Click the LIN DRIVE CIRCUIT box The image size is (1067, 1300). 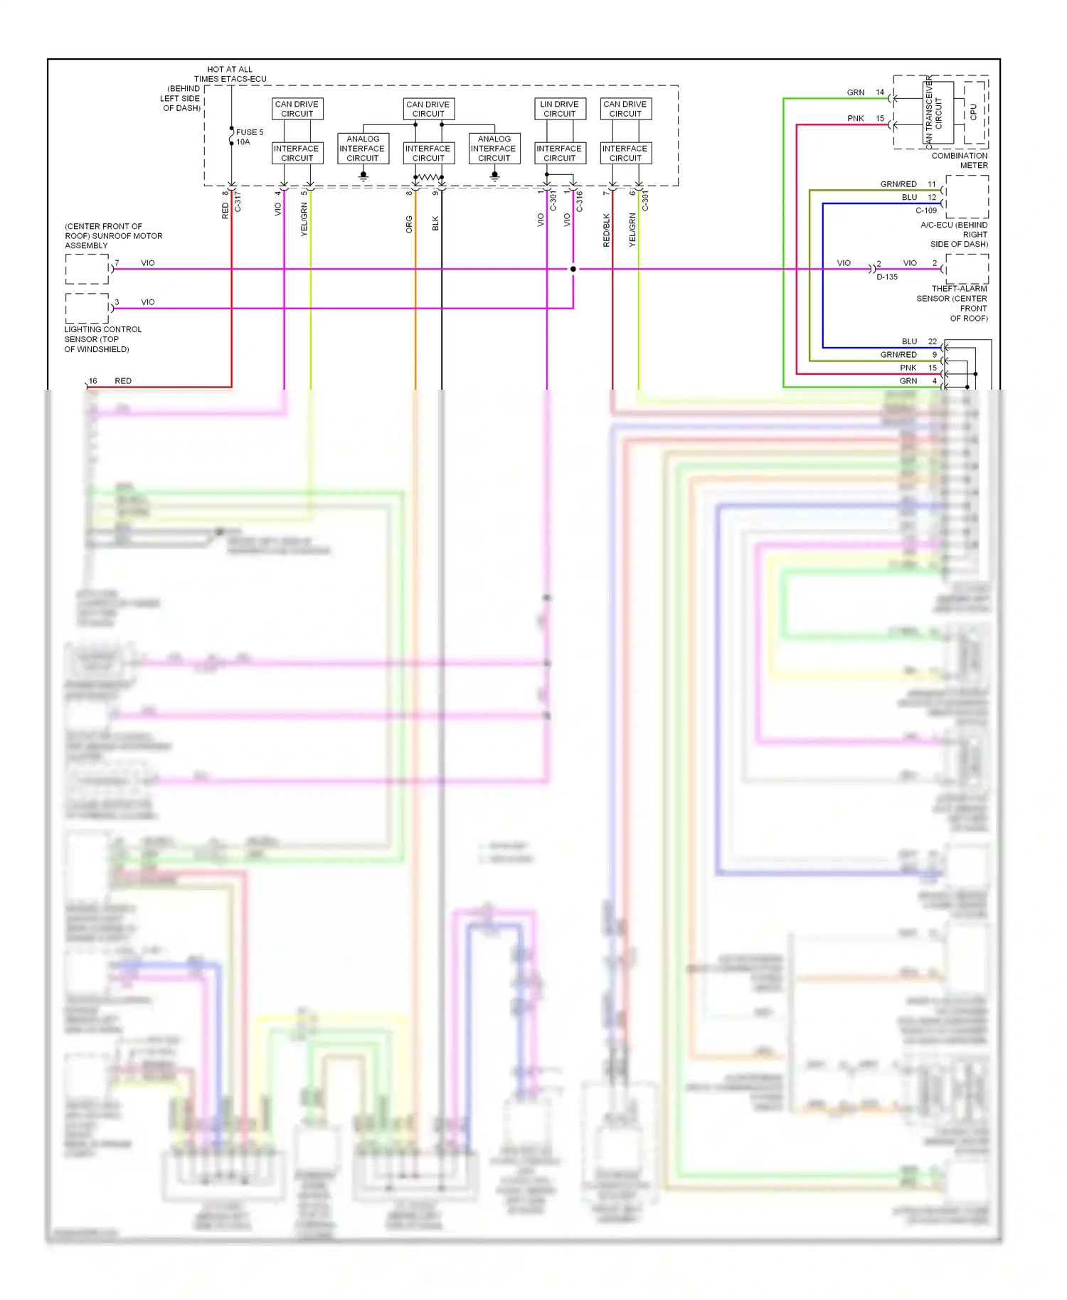coord(559,109)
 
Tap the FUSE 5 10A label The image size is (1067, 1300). coord(248,137)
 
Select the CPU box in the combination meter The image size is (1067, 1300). coord(974,112)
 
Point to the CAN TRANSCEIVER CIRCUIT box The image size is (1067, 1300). coord(938,112)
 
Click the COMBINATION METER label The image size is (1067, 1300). coord(960,160)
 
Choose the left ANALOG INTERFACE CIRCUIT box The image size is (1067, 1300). coord(363,149)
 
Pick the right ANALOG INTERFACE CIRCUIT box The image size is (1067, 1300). coord(494,149)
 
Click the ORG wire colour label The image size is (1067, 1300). coord(409,224)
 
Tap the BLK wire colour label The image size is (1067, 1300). coord(435,223)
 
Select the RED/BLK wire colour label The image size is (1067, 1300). coord(606,230)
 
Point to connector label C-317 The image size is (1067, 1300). coord(238,202)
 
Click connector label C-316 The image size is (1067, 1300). coord(579,201)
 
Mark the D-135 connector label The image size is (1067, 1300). coord(886,277)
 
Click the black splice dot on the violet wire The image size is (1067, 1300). coord(573,269)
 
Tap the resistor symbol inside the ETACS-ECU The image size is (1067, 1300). coord(428,176)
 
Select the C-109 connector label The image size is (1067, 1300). coord(925,211)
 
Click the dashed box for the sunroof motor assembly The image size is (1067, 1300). coord(87,269)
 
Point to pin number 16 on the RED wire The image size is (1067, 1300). coord(92,381)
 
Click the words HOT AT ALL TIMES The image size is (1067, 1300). coord(229,74)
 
